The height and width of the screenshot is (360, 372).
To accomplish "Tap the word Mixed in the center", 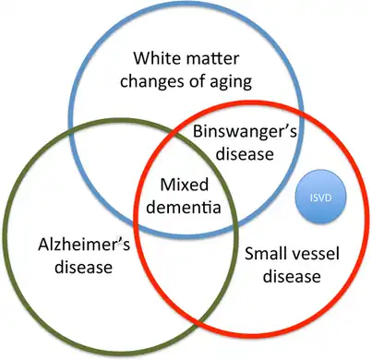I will [x=181, y=184].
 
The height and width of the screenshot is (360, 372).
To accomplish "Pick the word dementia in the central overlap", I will [x=182, y=206].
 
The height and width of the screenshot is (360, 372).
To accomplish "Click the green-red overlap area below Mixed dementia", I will [x=185, y=268].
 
